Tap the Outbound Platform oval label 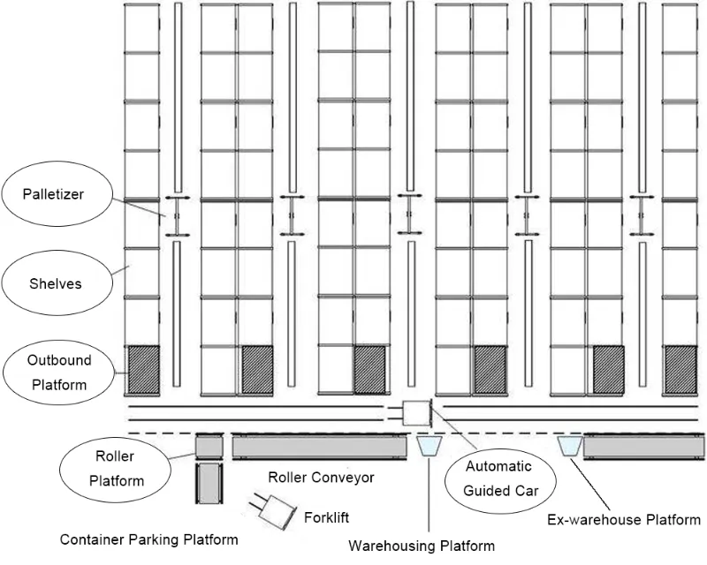tap(58, 373)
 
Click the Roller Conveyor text tap(321, 478)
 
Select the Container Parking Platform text tap(148, 539)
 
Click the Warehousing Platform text tap(421, 546)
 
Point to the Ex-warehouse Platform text tap(624, 519)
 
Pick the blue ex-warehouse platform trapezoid tap(569, 447)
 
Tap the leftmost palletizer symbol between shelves tap(176, 215)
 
